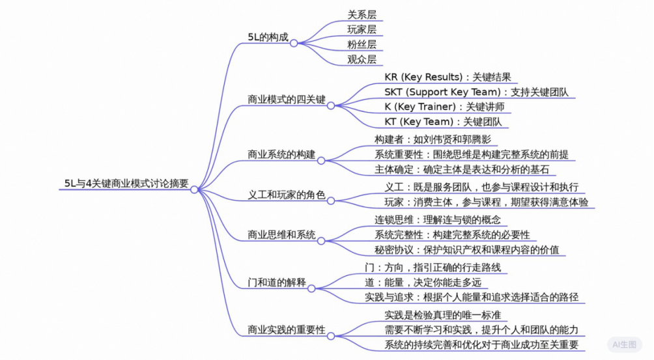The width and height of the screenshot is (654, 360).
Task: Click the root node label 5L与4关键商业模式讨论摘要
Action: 126,184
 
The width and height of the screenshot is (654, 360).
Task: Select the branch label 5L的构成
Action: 268,37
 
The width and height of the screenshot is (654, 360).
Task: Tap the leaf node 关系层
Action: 362,14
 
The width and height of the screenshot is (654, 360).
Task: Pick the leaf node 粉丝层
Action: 362,44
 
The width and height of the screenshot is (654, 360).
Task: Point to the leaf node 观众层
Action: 362,59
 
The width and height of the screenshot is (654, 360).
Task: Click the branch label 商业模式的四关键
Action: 287,100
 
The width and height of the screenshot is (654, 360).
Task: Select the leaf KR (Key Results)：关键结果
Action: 448,77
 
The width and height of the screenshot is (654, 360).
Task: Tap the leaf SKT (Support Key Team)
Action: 476,92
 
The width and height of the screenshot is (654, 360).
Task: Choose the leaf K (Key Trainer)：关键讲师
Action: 444,107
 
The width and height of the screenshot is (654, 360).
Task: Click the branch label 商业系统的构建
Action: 281,154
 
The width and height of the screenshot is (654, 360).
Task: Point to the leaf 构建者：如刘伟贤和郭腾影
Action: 433,139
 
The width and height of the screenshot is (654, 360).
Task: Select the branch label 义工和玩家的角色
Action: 287,195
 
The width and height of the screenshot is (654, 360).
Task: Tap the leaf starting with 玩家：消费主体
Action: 487,202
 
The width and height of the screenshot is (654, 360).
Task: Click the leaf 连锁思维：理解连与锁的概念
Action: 438,219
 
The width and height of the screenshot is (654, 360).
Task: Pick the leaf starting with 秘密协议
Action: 467,249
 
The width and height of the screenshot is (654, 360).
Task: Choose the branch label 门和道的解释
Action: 277,283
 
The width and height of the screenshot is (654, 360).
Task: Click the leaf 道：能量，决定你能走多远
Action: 423,283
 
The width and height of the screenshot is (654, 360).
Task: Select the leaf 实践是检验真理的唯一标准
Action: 442,315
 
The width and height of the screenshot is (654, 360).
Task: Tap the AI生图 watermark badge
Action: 625,344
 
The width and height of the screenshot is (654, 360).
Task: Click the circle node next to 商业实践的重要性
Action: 331,336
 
